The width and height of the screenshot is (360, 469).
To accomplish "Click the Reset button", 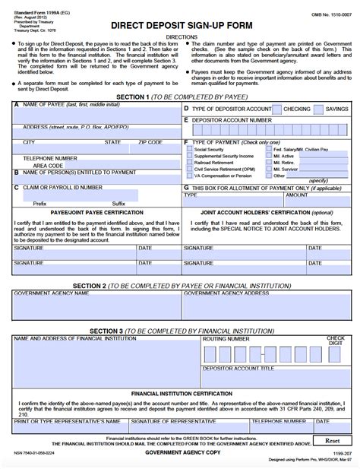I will pos(332,440).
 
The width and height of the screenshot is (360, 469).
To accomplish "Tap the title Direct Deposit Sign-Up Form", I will pos(180,24).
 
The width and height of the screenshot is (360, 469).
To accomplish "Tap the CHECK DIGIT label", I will pos(335,340).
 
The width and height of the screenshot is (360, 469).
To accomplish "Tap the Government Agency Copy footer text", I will pos(180,452).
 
